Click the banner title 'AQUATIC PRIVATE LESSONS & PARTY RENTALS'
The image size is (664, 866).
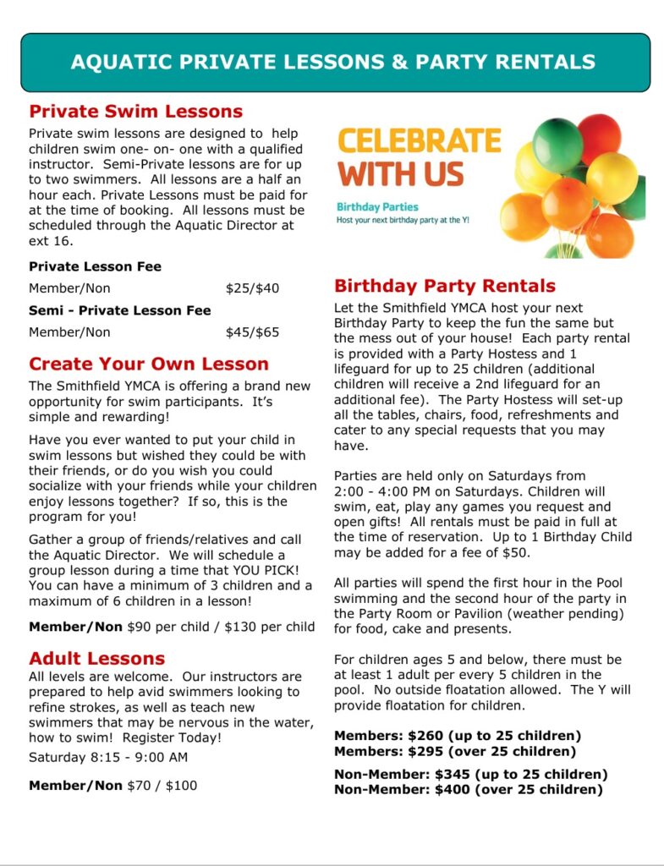click(x=332, y=62)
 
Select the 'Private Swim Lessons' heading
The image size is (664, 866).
click(x=135, y=112)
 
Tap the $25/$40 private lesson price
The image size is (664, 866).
click(x=252, y=288)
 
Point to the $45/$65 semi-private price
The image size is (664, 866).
click(x=252, y=332)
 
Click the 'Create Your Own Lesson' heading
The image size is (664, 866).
click(x=149, y=364)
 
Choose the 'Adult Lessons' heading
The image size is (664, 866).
click(x=96, y=658)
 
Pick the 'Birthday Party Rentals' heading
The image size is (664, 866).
click(x=445, y=286)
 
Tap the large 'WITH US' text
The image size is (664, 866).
click(x=401, y=174)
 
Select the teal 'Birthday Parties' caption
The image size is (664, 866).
click(x=377, y=206)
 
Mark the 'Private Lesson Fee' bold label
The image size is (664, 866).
click(x=95, y=266)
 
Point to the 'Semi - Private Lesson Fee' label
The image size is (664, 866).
click(x=120, y=310)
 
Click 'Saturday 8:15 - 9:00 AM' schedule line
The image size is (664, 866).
click(x=108, y=757)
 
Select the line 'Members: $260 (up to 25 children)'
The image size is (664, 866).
click(x=458, y=736)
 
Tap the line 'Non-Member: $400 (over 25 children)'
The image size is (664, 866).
click(x=468, y=790)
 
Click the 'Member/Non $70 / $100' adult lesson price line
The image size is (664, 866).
click(x=112, y=786)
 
